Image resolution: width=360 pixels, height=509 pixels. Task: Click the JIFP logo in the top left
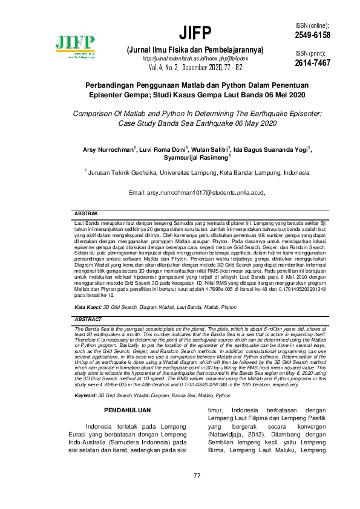76,46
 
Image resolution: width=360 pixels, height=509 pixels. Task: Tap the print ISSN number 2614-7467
313,63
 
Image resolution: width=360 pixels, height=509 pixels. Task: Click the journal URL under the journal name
192,58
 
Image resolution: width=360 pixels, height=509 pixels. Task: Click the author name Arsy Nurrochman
110,149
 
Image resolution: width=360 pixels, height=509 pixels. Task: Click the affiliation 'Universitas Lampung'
191,172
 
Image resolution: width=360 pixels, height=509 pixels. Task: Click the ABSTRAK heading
86,214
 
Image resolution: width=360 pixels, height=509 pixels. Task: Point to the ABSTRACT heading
88,319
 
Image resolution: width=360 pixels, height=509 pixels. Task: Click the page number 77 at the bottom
197,475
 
